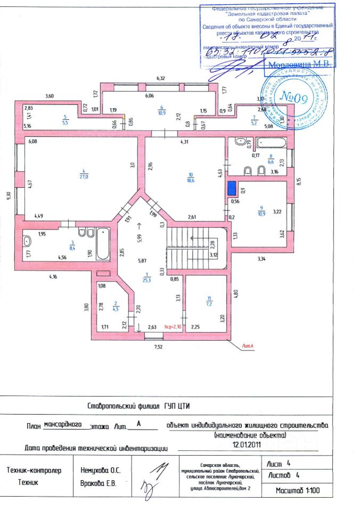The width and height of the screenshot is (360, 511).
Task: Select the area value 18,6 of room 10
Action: pyautogui.click(x=191, y=180)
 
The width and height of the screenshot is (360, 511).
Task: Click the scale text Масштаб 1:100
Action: pyautogui.click(x=298, y=490)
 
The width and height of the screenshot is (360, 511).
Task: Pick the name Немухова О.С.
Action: pyautogui.click(x=101, y=471)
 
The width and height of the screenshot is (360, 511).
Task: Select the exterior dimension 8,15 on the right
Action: pyautogui.click(x=299, y=181)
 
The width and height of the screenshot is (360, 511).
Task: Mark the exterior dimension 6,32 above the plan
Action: pyautogui.click(x=161, y=79)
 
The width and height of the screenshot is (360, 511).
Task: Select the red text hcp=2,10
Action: pyautogui.click(x=173, y=327)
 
